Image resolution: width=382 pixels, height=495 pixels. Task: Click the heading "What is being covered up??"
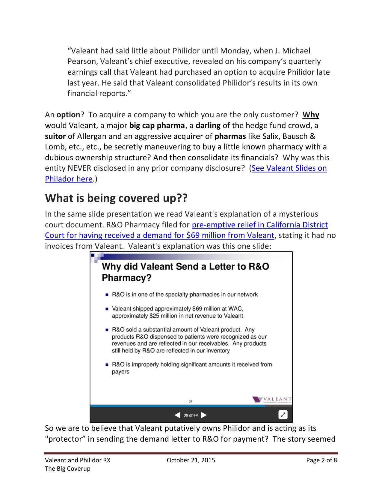tap(116, 198)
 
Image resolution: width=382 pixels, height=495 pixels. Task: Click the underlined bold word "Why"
tap(311, 115)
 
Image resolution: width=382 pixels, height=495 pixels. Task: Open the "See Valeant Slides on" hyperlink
tap(289, 168)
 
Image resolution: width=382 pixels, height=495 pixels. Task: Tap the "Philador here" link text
tap(69, 179)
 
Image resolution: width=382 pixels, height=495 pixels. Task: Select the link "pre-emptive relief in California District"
tap(260, 225)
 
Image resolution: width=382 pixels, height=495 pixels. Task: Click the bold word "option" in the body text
tap(68, 115)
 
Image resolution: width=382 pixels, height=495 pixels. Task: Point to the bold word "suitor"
tap(55, 136)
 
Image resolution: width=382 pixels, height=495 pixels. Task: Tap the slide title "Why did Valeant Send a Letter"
tap(185, 267)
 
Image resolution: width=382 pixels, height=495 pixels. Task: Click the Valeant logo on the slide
tap(271, 399)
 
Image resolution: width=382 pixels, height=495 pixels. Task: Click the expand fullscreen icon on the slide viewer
tap(283, 415)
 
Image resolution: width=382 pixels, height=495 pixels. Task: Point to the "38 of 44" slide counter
tap(191, 415)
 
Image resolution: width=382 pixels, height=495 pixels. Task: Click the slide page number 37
tap(191, 401)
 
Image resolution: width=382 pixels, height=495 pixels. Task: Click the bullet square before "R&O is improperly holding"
tap(107, 365)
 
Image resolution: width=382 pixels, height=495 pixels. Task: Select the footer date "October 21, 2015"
tap(191, 460)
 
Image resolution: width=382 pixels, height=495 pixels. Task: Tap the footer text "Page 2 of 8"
tap(321, 460)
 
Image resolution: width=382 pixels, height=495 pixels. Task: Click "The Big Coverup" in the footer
tap(68, 469)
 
